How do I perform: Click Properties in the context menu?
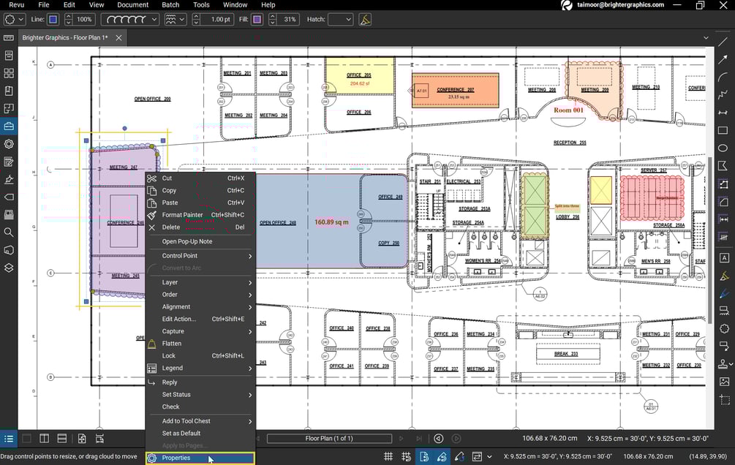click(x=176, y=458)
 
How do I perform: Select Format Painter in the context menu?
click(x=182, y=215)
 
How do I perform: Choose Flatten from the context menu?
click(x=172, y=344)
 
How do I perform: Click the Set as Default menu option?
click(x=181, y=434)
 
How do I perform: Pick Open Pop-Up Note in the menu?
click(x=187, y=241)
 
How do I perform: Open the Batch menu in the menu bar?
click(x=170, y=5)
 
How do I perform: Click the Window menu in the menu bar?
click(x=235, y=5)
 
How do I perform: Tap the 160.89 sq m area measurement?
click(x=331, y=222)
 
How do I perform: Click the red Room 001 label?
click(x=568, y=110)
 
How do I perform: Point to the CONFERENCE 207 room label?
click(x=455, y=90)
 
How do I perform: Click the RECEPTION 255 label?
click(x=570, y=143)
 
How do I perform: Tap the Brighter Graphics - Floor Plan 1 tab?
click(x=64, y=37)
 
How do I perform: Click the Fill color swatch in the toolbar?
click(x=257, y=19)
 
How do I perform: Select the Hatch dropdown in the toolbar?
click(x=340, y=19)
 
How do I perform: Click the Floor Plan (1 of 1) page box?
click(x=328, y=439)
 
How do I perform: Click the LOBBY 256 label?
click(x=568, y=217)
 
